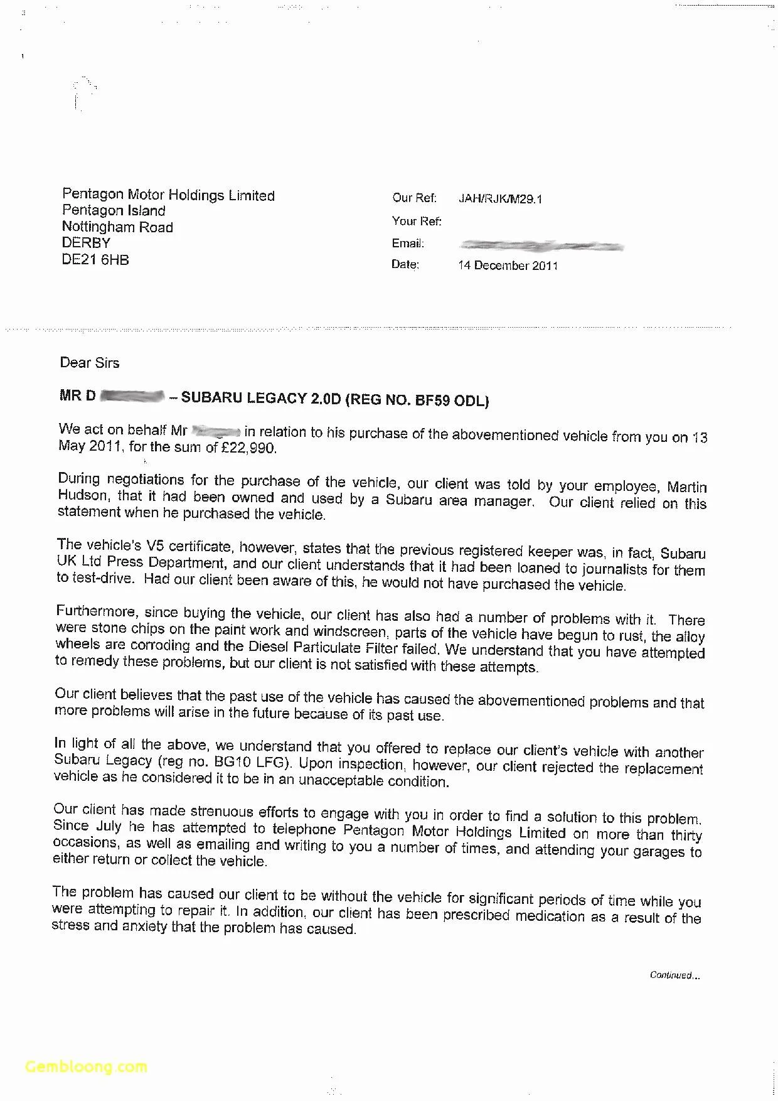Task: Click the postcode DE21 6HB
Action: pos(95,260)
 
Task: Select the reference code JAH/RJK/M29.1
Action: pos(500,199)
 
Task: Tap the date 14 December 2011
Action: pos(508,266)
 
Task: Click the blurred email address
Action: pos(541,245)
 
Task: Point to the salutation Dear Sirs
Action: pos(89,363)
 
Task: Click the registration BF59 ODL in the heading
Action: pos(452,400)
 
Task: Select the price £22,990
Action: pos(248,448)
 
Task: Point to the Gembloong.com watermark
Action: pos(86,1066)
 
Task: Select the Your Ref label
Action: pos(417,221)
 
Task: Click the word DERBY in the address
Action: pos(86,243)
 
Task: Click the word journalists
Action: pos(614,569)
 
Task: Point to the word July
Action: pos(108,827)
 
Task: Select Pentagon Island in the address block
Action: pos(114,211)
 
